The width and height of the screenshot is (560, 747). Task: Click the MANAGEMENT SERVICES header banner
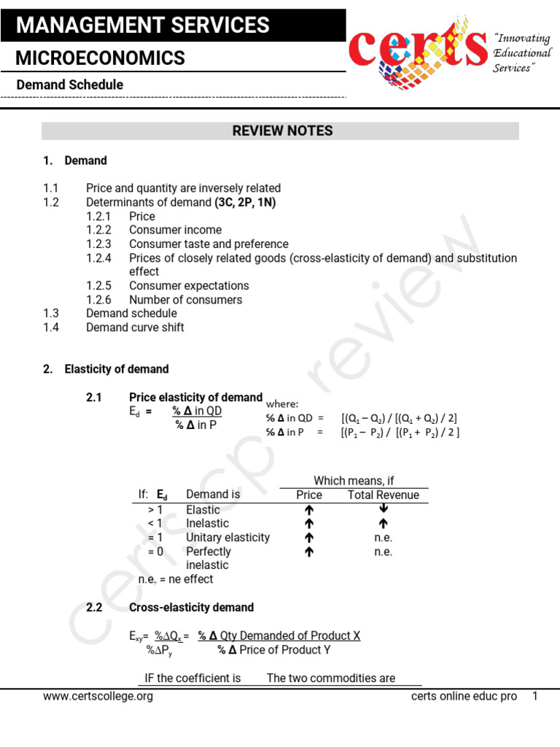[173, 26]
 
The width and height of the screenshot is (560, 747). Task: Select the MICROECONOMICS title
[101, 58]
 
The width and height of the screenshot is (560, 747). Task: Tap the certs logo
[418, 49]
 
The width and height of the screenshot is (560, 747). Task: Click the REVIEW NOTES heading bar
[281, 131]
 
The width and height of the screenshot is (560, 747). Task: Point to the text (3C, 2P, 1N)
[245, 203]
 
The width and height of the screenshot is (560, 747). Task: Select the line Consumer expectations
[189, 286]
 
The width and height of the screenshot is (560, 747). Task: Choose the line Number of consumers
[185, 300]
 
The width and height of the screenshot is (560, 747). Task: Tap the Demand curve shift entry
[135, 328]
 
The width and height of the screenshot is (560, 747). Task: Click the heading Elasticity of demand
[117, 369]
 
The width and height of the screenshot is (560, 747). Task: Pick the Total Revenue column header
[384, 495]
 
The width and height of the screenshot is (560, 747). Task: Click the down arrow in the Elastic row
[384, 509]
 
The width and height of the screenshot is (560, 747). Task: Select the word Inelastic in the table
[207, 524]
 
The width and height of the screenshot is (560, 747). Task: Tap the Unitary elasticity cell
[227, 538]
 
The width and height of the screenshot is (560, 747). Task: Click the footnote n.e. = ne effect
[176, 579]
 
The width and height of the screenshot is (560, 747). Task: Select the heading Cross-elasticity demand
[191, 608]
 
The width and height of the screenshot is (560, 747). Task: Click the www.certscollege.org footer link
[98, 697]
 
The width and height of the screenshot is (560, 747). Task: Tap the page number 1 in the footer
[534, 697]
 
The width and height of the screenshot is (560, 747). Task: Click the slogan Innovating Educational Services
[522, 53]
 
